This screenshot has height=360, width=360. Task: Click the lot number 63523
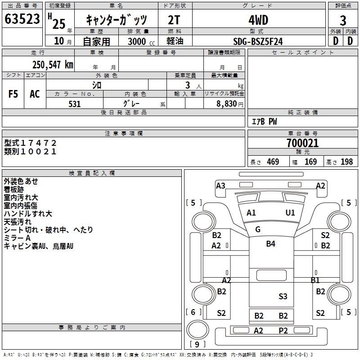click(22, 19)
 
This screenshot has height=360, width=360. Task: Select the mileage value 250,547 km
click(53, 65)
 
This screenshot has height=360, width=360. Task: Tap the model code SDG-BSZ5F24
click(258, 41)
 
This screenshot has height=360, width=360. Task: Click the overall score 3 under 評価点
click(343, 20)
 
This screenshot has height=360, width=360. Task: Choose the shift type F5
click(13, 94)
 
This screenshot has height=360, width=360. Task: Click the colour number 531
click(75, 104)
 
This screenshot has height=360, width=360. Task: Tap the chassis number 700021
click(302, 143)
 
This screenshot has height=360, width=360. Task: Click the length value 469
click(273, 162)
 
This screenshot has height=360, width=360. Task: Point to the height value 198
click(346, 162)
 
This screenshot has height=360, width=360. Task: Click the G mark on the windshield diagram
click(258, 229)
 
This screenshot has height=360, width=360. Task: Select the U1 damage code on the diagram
click(290, 212)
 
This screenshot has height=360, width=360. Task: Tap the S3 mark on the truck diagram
click(283, 296)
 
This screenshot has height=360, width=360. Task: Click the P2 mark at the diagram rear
click(283, 331)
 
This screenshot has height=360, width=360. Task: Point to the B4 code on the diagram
click(271, 243)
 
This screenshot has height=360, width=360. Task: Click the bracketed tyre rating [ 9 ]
click(197, 344)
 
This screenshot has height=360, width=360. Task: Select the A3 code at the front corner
click(220, 185)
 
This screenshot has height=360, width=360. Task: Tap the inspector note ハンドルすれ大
click(28, 214)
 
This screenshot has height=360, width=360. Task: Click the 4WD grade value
click(258, 20)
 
